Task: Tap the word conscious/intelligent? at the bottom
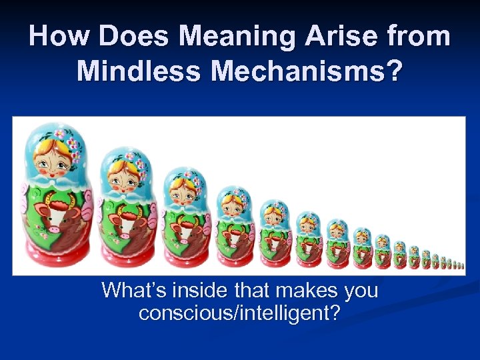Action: click(239, 312)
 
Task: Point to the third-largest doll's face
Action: click(182, 188)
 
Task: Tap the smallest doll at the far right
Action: click(462, 265)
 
